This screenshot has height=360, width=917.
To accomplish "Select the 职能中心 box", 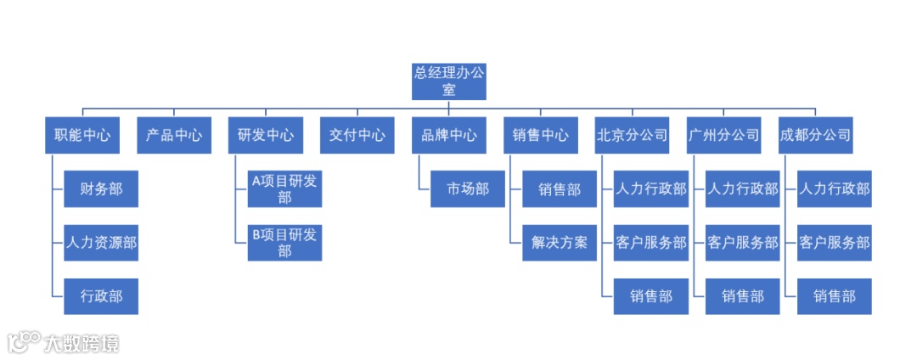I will [82, 135].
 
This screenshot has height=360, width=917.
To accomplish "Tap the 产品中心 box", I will [173, 135].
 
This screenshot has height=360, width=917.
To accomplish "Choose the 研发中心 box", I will [266, 135].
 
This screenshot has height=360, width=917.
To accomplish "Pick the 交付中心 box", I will [357, 135].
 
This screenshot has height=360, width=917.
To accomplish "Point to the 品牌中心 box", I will [449, 135].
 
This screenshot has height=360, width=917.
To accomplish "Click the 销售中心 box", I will [541, 135].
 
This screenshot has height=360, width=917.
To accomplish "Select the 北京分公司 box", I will [633, 135].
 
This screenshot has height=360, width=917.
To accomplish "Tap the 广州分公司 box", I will [724, 135].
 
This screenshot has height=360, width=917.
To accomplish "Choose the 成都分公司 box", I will [816, 135].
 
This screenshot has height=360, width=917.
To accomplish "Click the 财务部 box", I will [101, 188].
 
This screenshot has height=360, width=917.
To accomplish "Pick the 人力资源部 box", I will [101, 242].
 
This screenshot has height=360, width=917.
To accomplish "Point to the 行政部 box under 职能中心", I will [101, 296].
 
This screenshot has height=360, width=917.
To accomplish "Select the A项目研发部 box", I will [284, 188].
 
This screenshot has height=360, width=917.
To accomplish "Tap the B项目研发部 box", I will [284, 242].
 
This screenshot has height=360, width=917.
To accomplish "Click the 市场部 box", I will [468, 188].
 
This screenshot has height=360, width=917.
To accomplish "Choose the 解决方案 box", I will [560, 242].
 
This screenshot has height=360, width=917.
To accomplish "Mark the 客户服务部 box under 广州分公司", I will [742, 242].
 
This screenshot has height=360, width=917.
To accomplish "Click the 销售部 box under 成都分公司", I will [835, 296].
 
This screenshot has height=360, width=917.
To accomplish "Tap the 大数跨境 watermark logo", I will [64, 342].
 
